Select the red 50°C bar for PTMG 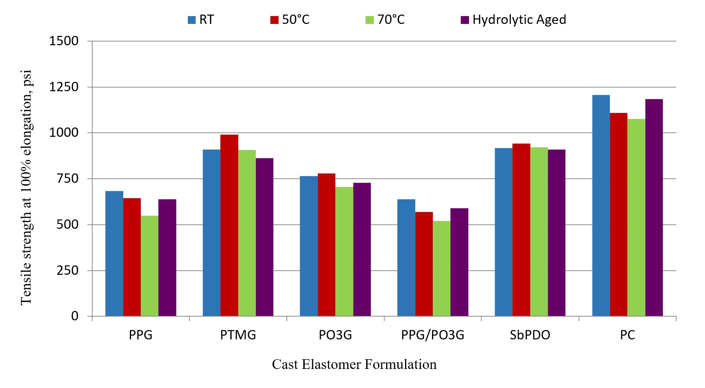point(229,225)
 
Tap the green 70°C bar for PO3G point(344,251)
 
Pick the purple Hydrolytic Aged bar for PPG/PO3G point(459,262)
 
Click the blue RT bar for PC point(601,206)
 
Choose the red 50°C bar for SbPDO point(521,230)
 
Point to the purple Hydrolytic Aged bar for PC point(654,207)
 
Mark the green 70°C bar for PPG point(149,266)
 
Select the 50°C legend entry point(290,20)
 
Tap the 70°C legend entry point(385,20)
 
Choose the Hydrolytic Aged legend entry point(514,20)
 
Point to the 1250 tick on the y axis point(64,87)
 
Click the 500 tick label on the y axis point(68,225)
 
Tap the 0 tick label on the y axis point(75,316)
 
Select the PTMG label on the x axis point(238,335)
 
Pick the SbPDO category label point(530,335)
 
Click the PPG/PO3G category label point(432,335)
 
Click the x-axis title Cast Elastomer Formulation point(354,364)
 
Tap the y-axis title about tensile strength point(26,187)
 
